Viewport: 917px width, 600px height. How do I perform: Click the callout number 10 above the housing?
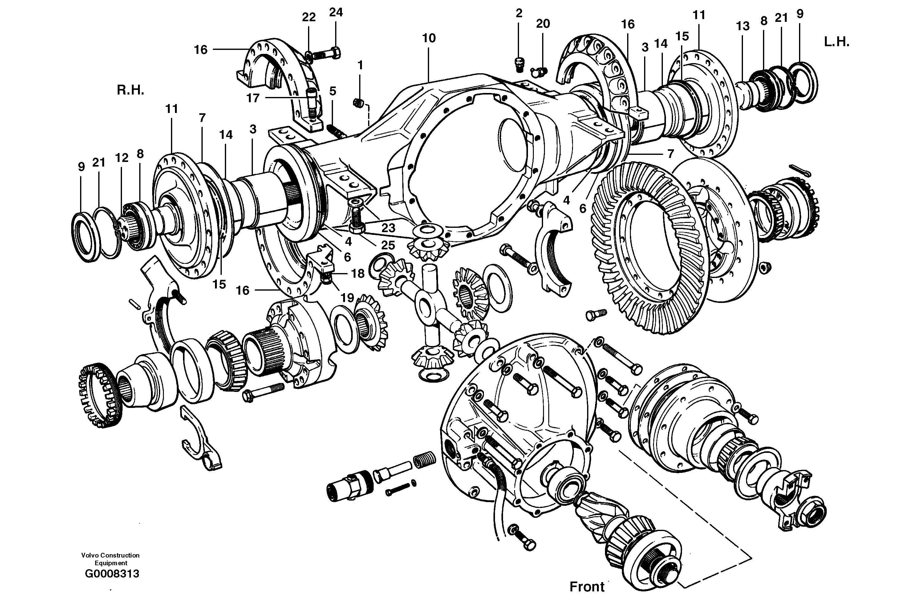[x=428, y=38]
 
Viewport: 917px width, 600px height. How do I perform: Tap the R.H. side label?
[x=130, y=91]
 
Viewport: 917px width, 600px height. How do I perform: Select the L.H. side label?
[x=837, y=42]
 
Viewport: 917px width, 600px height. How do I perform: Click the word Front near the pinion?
[x=587, y=586]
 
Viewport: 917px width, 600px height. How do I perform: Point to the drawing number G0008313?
[x=112, y=574]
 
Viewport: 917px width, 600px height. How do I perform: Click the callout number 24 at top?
[x=335, y=12]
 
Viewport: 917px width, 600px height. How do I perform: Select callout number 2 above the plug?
[x=519, y=13]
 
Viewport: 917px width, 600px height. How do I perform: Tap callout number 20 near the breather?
[x=542, y=24]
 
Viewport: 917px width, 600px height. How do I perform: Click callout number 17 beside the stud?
[x=253, y=98]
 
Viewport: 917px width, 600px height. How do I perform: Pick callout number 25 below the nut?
[x=388, y=245]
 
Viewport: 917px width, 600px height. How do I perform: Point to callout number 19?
[x=347, y=297]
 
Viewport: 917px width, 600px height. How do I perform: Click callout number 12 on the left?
[x=122, y=158]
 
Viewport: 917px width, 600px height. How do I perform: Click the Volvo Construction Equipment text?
[x=110, y=559]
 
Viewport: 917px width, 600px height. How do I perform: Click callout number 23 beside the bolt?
[x=388, y=228]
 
